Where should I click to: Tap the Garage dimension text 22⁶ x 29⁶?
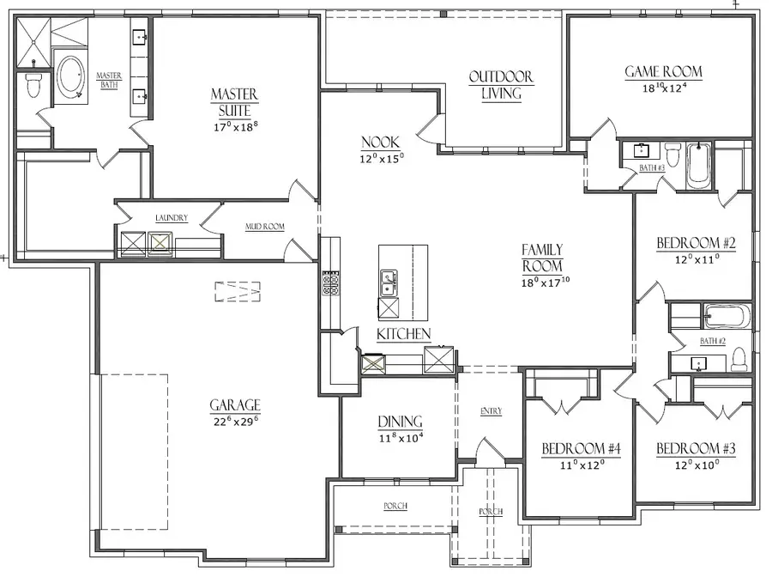pos(234,422)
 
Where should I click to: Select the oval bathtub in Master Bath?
pos(70,77)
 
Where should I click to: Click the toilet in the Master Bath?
pos(33,86)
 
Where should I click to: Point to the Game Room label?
pos(663,72)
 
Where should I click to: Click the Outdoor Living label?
pos(501,85)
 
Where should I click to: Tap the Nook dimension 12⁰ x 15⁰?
pos(382,158)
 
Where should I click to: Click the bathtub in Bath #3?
pos(697,165)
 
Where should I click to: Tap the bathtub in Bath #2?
pos(727,316)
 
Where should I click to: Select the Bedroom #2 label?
pos(696,243)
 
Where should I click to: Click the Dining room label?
pos(400,422)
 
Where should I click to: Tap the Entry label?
pos(491,411)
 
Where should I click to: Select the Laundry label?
pos(172,219)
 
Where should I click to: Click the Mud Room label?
pos(265,227)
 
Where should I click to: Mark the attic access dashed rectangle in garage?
pos(237,292)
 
